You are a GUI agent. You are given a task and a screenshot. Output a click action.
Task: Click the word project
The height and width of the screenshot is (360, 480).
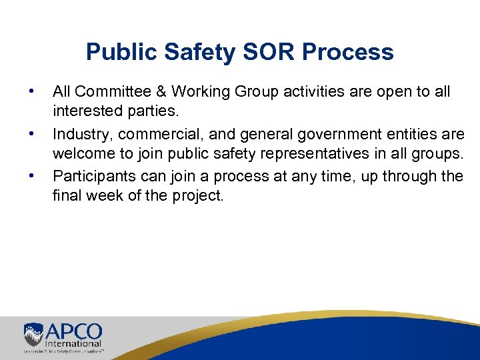tap(204, 195)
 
